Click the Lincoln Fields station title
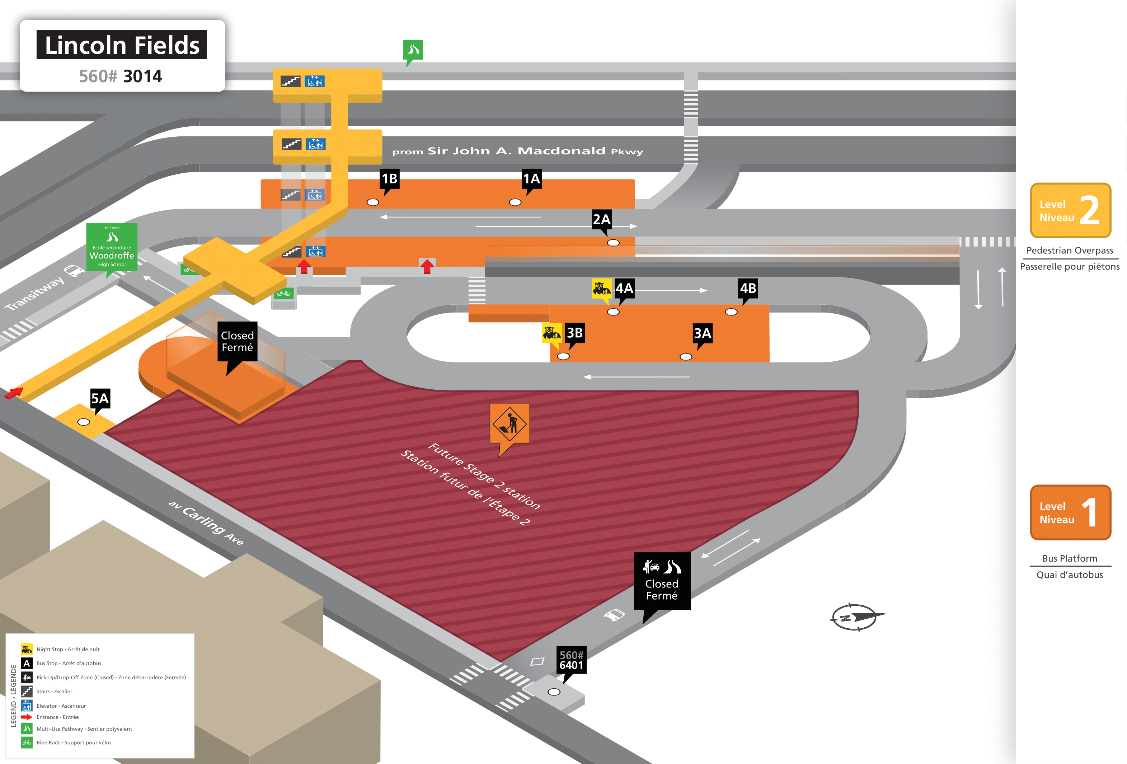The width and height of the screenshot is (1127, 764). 122,45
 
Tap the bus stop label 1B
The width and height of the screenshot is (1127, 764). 389,179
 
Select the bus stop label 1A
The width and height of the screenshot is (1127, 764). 531,179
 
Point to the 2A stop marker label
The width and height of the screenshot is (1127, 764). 601,219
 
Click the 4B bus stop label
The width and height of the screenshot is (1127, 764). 748,288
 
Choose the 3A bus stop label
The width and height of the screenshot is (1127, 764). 702,333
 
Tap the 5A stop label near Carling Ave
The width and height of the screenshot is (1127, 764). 100,399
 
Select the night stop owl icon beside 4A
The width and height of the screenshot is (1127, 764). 601,288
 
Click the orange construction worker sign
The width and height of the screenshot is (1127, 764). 510,423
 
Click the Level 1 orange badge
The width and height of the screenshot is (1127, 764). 1070,512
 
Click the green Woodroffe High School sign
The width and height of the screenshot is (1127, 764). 112,247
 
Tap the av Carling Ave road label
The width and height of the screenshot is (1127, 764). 206,522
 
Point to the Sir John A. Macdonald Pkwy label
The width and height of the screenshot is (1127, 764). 517,151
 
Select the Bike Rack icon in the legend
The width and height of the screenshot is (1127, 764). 27,742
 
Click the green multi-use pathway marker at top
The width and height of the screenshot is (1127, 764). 413,50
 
